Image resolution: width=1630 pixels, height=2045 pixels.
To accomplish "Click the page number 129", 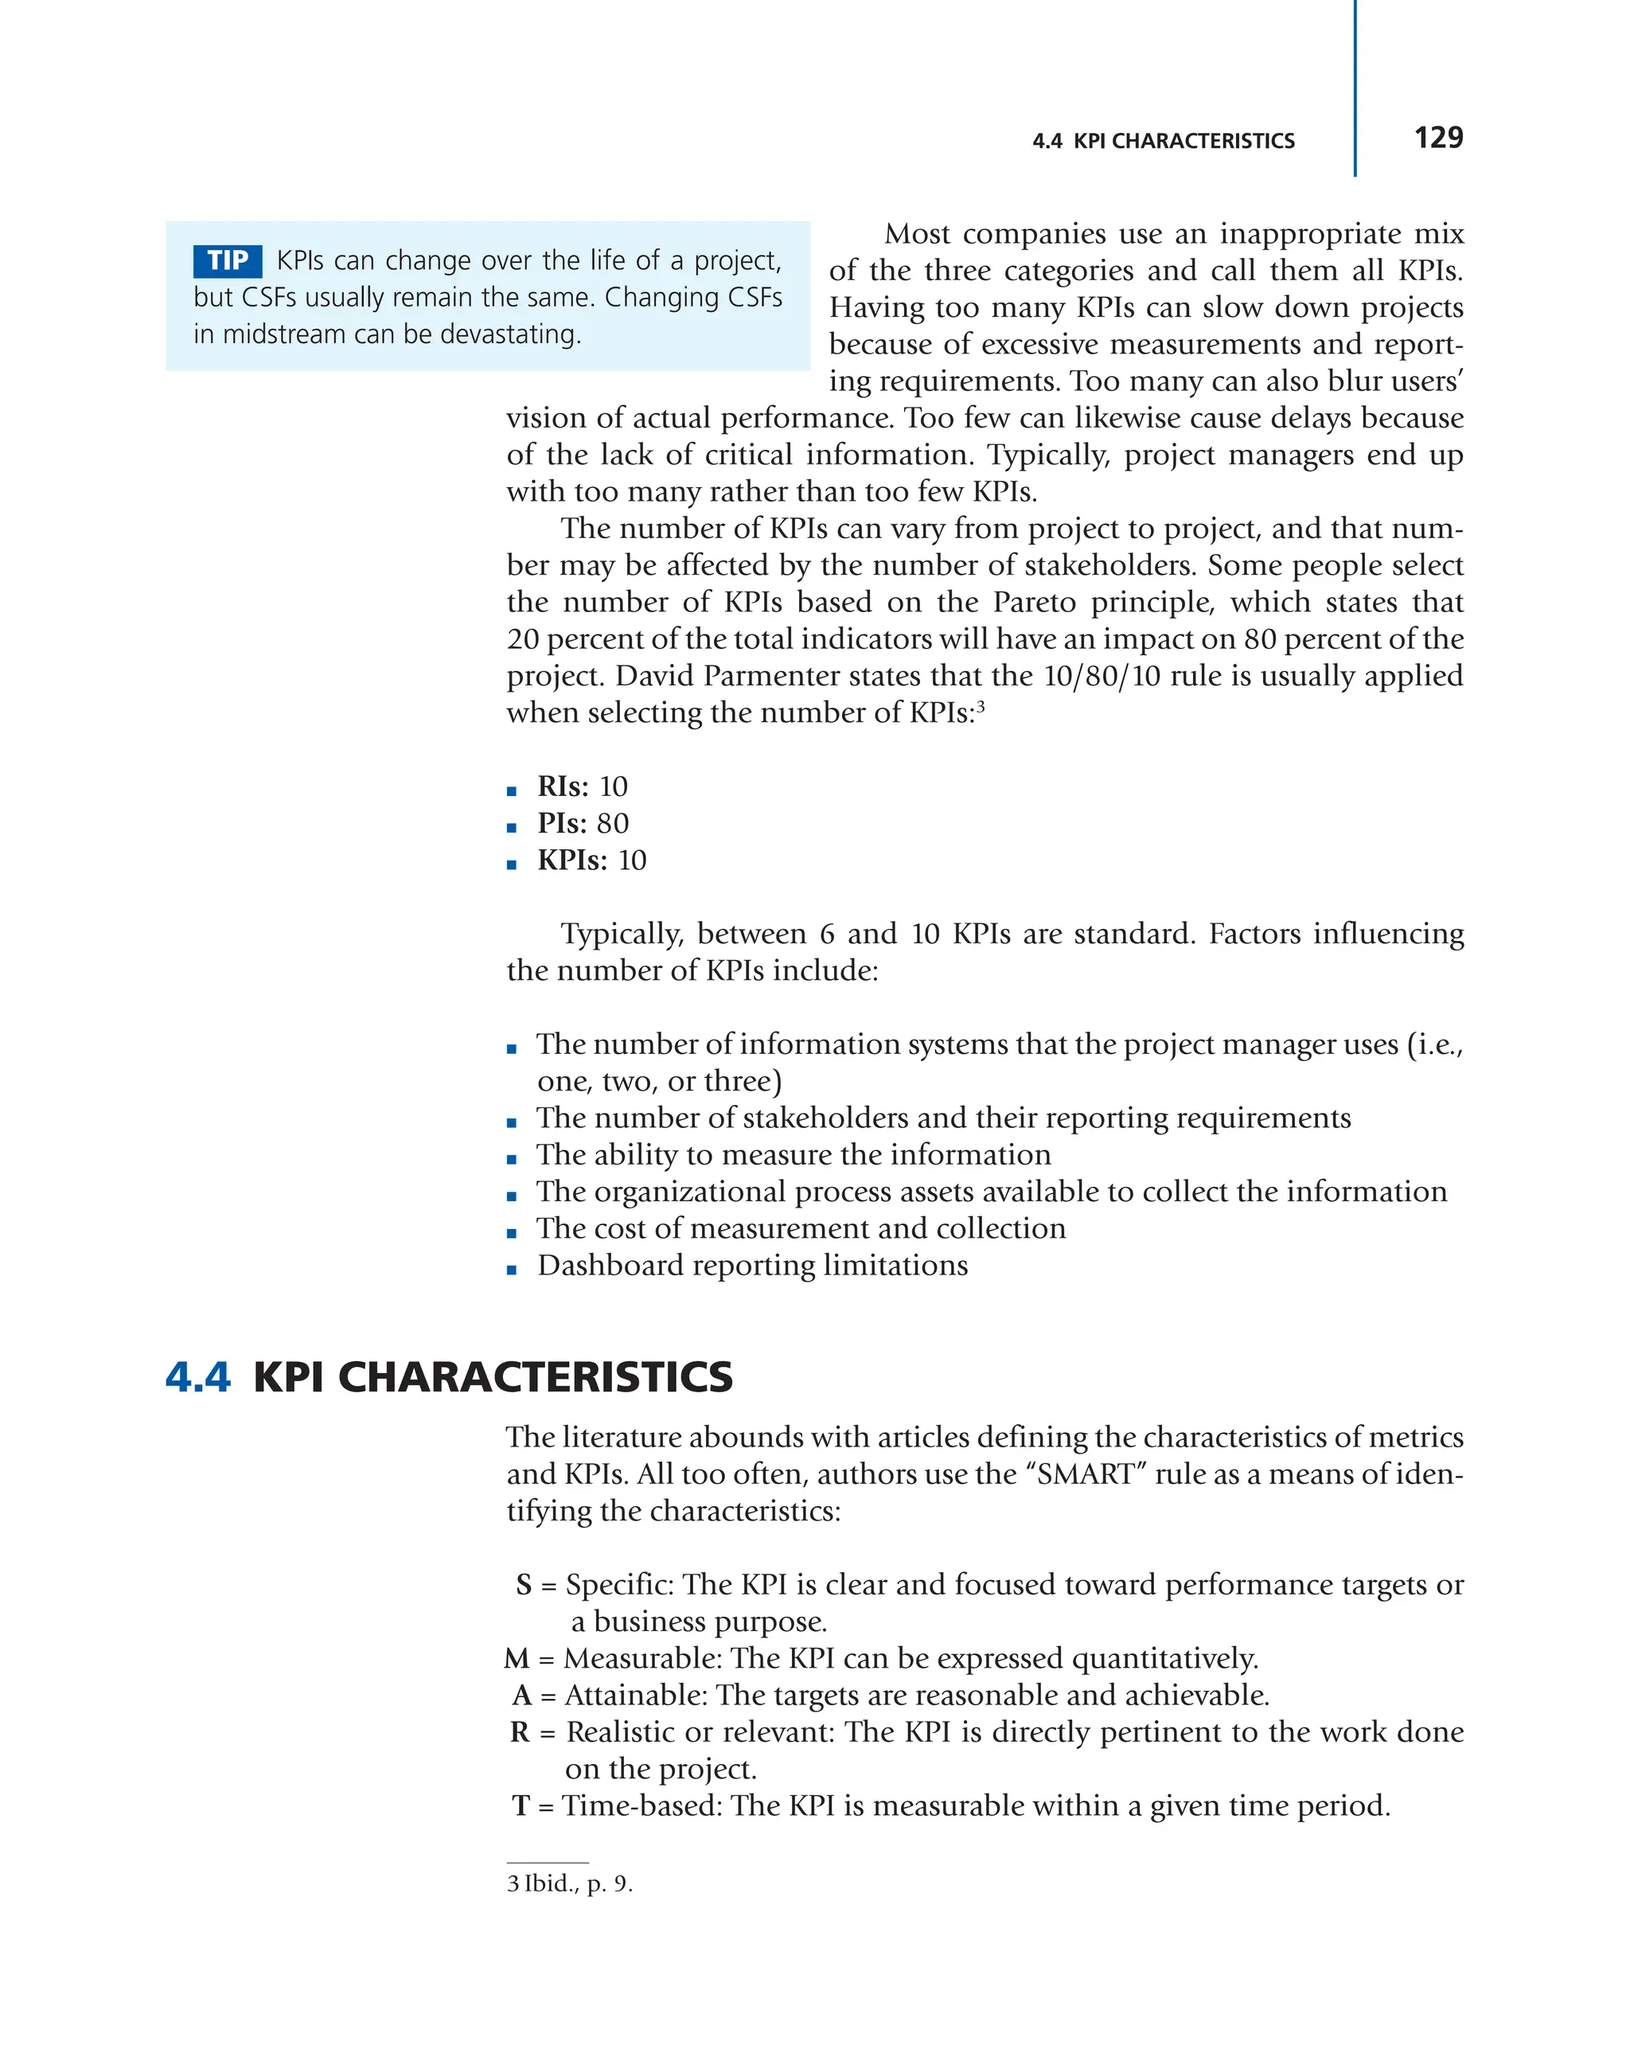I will tap(1437, 139).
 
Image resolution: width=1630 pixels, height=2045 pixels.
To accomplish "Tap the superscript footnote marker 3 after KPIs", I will tap(981, 706).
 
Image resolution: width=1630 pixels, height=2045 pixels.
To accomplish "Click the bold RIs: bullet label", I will tap(562, 786).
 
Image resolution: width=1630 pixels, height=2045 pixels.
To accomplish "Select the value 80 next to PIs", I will tap(613, 823).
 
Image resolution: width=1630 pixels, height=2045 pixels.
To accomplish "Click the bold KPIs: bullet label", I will tap(571, 861).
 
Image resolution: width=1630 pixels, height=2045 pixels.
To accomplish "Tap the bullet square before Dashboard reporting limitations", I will tap(512, 1269).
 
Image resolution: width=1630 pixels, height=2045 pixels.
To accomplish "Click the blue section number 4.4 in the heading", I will tap(197, 1376).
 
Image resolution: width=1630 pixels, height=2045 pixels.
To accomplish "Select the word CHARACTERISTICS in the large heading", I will tap(535, 1376).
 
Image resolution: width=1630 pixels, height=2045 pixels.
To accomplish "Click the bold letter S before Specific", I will tap(524, 1585).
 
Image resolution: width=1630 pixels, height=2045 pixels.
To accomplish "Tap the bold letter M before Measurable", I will tap(517, 1659).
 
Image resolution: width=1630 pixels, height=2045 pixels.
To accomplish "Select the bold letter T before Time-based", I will tap(521, 1806).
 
